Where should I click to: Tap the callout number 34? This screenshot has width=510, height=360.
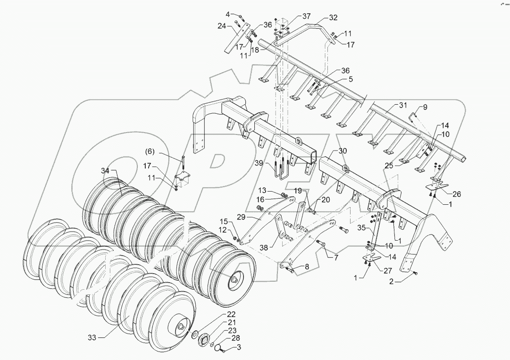click(105, 170)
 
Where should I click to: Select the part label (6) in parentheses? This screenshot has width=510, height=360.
click(150, 151)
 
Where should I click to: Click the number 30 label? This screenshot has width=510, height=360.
click(343, 151)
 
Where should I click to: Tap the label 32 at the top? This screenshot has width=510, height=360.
click(333, 17)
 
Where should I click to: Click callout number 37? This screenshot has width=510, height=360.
click(307, 17)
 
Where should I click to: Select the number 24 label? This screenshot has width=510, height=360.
click(222, 26)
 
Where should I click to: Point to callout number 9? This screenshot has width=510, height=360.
click(425, 108)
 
